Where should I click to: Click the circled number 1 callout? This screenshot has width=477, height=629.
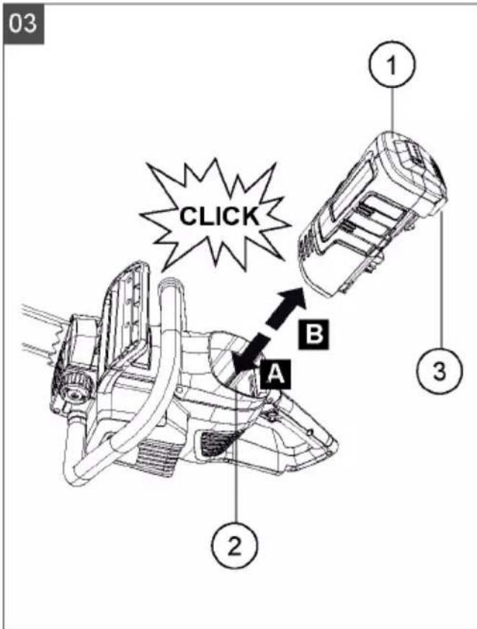tap(392, 63)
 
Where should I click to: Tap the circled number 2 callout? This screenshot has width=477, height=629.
tap(235, 545)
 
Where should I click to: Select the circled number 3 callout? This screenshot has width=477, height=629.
tap(440, 369)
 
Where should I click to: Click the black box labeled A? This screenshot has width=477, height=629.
tap(275, 374)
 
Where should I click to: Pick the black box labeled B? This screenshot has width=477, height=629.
tap(313, 334)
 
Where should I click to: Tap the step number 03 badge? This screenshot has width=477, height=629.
tap(23, 23)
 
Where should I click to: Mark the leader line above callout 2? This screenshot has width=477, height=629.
tap(236, 450)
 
